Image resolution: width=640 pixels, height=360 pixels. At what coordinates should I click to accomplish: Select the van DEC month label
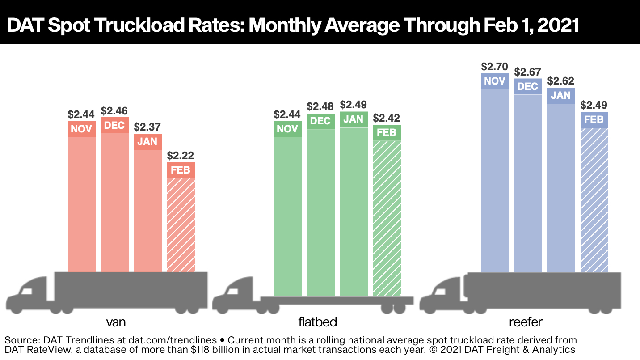tap(114, 125)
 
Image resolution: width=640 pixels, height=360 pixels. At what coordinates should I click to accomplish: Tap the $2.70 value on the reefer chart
tap(495, 67)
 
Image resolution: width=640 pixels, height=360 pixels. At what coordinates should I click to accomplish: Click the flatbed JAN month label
tap(354, 119)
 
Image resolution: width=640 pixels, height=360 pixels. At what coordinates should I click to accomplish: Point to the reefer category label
tap(528, 322)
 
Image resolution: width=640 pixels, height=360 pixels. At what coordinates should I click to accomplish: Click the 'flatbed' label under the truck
tap(317, 322)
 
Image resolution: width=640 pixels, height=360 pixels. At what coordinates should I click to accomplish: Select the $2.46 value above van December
tap(114, 110)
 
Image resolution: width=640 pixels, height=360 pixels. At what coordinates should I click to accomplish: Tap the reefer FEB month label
tap(594, 120)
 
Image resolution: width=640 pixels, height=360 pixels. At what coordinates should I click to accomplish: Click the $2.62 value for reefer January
tap(561, 81)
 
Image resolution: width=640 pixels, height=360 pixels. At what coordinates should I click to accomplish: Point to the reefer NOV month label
tap(495, 81)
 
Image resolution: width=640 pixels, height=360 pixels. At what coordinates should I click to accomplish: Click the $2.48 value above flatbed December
tap(320, 107)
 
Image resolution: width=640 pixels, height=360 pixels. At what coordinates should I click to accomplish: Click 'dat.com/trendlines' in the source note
tap(179, 340)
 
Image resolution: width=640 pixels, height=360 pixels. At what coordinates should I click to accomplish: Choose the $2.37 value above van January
tap(147, 127)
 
